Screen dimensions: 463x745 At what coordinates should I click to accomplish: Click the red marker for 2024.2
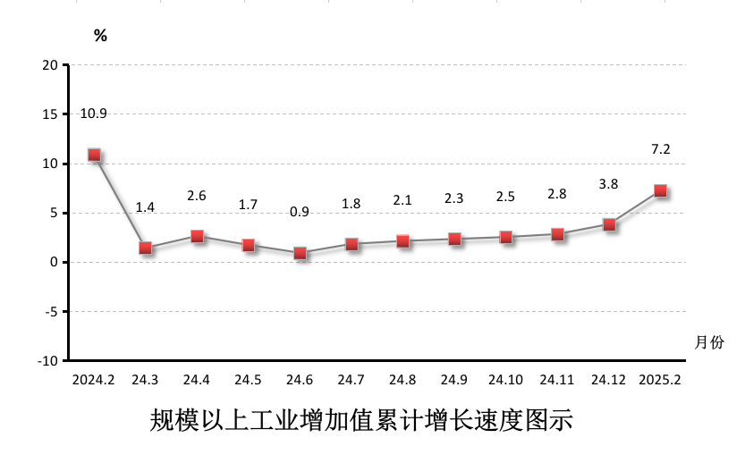pyautogui.click(x=94, y=155)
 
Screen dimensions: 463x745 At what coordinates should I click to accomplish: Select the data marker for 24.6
pyautogui.click(x=301, y=253)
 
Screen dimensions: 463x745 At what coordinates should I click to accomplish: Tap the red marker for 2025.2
pyautogui.click(x=661, y=190)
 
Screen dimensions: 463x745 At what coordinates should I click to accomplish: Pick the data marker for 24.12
pyautogui.click(x=609, y=224)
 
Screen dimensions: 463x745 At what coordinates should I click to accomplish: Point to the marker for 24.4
pyautogui.click(x=197, y=236)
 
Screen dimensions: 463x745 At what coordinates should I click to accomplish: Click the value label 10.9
pyautogui.click(x=93, y=114)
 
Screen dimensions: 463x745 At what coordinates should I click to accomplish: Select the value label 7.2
pyautogui.click(x=660, y=149)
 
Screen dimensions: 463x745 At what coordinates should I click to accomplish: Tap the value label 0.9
pyautogui.click(x=300, y=212)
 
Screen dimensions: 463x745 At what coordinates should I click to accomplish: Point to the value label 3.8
pyautogui.click(x=608, y=184)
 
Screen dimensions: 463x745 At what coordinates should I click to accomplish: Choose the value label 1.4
pyautogui.click(x=145, y=207)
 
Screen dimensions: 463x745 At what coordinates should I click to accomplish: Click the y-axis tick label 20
pyautogui.click(x=50, y=65)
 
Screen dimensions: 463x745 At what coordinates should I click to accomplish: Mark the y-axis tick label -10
pyautogui.click(x=47, y=361)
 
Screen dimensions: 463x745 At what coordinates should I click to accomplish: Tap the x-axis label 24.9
pyautogui.click(x=454, y=380)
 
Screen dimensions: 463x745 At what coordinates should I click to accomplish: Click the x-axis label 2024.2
pyautogui.click(x=93, y=380)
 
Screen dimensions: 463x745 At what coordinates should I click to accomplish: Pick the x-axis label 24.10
pyautogui.click(x=506, y=380)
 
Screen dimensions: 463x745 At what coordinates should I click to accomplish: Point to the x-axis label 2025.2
pyautogui.click(x=660, y=380)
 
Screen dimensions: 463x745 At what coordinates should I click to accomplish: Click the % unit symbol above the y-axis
pyautogui.click(x=100, y=36)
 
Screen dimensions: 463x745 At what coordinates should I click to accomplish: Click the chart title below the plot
pyautogui.click(x=360, y=420)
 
